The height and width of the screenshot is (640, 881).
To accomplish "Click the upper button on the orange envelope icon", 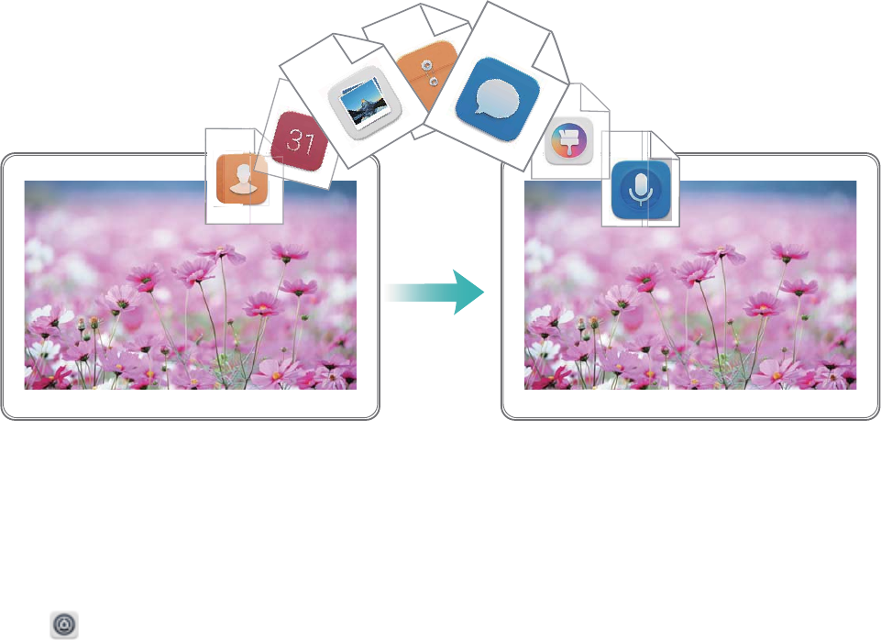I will point(425,65).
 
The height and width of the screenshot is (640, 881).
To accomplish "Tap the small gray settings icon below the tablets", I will point(64,623).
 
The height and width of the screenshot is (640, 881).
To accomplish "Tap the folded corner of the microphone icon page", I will point(662,143).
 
